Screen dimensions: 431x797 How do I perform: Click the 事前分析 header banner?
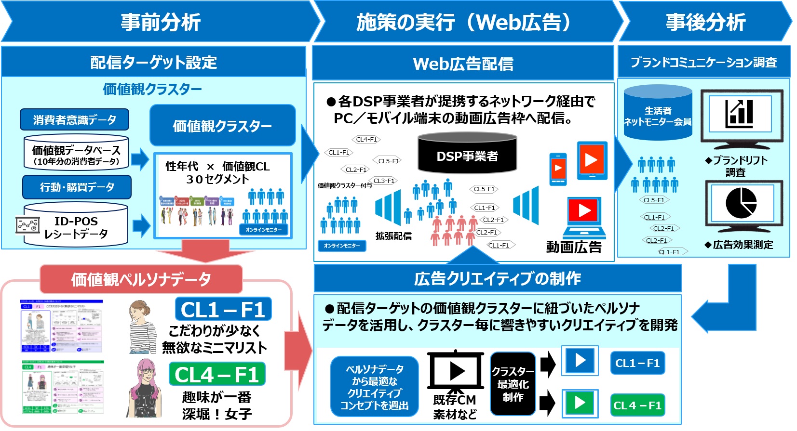click(x=160, y=22)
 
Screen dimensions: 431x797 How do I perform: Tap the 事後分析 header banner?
click(x=705, y=22)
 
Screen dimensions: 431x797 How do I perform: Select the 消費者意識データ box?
click(x=74, y=119)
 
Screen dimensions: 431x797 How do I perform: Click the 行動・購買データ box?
click(x=77, y=187)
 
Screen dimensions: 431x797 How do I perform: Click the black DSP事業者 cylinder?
click(x=467, y=154)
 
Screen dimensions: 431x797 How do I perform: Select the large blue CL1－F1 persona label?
click(x=223, y=309)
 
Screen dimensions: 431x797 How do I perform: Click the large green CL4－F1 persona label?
click(x=217, y=374)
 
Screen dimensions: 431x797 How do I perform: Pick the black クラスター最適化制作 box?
click(x=513, y=384)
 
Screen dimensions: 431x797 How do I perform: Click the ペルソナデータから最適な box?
click(x=374, y=386)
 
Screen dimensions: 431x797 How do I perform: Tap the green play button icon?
click(x=580, y=403)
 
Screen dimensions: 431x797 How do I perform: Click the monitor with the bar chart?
click(x=741, y=116)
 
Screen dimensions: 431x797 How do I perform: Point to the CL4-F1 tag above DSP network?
click(x=366, y=140)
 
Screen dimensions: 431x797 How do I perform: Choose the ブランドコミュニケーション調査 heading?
click(x=703, y=62)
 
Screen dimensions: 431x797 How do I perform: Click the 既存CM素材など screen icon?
click(x=455, y=372)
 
